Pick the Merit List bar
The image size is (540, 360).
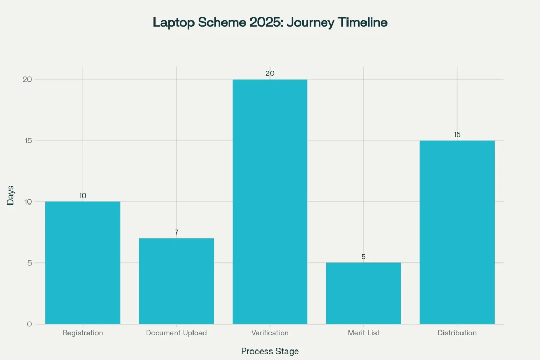363,293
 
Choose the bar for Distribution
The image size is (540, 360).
457,232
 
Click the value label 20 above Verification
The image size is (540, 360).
270,73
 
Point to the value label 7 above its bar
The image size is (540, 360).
176,232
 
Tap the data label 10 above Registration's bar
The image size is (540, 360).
83,196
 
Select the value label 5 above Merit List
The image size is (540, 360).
363,257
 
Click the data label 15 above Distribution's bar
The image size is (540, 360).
457,134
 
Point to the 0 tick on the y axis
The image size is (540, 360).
30,324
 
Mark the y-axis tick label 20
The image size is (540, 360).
27,80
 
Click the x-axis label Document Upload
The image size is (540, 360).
176,333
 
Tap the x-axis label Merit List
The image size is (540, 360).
363,333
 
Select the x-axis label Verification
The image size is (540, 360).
270,333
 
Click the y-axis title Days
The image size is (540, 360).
11,195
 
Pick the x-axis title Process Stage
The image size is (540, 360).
270,351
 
